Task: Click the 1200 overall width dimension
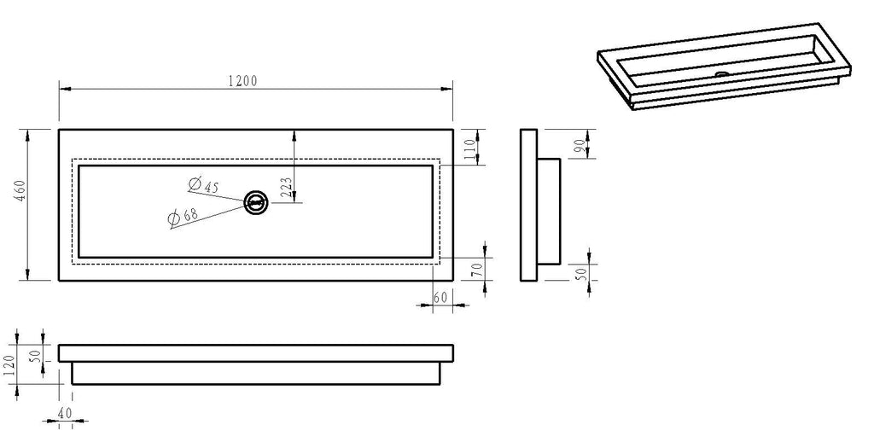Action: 243,81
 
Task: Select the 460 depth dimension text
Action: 20,190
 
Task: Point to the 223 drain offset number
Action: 285,188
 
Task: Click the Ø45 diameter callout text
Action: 203,185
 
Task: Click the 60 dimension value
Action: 440,297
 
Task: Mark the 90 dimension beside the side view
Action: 580,145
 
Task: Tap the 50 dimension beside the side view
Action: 580,273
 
